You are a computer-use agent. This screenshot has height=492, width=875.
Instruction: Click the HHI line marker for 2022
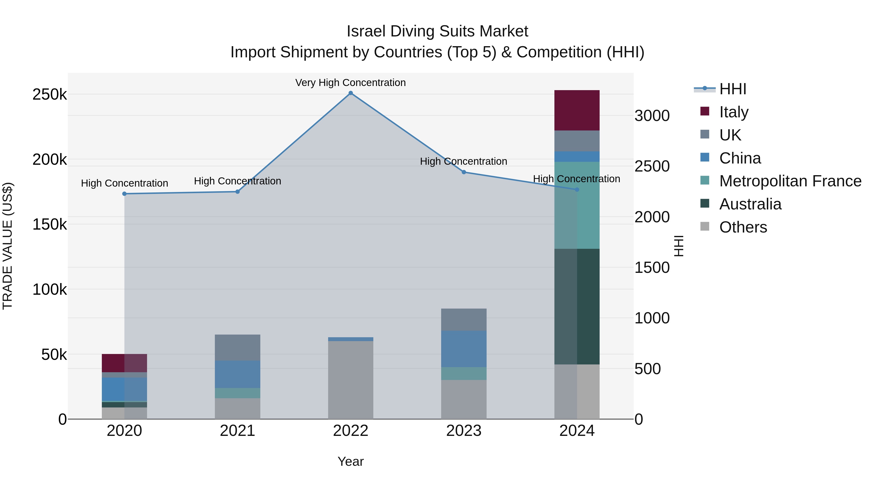click(x=350, y=93)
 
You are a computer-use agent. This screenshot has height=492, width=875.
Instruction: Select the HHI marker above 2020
click(x=124, y=194)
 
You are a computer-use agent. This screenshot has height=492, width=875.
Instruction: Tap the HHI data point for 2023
click(x=464, y=172)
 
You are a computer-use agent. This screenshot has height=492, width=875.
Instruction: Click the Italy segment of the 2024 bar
click(x=577, y=110)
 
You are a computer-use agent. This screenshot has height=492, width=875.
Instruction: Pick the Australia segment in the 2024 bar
click(x=577, y=306)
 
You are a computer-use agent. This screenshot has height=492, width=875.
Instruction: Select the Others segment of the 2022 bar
click(x=350, y=380)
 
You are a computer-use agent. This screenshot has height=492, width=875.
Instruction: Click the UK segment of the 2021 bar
click(x=237, y=347)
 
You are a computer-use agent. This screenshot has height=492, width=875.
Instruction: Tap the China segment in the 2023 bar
click(x=464, y=349)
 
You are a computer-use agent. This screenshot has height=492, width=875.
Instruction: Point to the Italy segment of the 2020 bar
click(x=124, y=363)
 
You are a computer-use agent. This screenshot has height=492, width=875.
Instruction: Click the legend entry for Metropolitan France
click(x=790, y=181)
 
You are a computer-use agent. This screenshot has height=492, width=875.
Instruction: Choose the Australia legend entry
click(x=750, y=204)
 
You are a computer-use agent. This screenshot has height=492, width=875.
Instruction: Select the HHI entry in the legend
click(x=732, y=89)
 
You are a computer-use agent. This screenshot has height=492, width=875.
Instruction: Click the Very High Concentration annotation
click(x=350, y=83)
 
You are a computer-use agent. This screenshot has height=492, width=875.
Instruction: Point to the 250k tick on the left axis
click(x=50, y=95)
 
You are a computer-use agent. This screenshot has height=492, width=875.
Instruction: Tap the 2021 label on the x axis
click(x=237, y=431)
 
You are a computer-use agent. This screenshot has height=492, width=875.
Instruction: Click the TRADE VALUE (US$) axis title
click(x=8, y=246)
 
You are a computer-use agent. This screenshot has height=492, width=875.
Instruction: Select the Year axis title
click(x=350, y=461)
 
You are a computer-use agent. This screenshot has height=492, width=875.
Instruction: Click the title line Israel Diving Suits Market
click(x=437, y=31)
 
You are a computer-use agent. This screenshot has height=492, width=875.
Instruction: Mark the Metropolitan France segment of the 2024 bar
click(x=577, y=205)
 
